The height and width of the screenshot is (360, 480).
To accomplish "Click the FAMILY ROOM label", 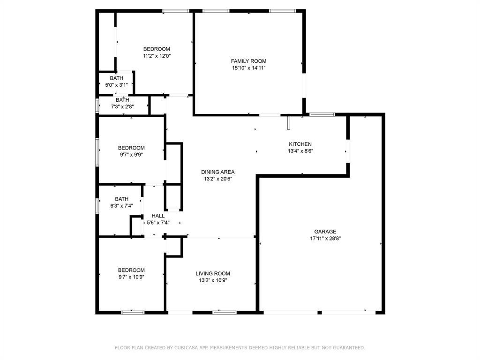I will (x=248, y=61).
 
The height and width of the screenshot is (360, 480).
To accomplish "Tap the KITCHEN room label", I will (x=300, y=144).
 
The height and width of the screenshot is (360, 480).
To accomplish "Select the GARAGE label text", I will (x=325, y=232).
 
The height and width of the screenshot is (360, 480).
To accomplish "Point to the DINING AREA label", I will (x=217, y=172).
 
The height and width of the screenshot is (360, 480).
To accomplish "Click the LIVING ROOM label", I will (x=213, y=273).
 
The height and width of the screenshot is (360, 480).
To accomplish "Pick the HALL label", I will (x=158, y=216).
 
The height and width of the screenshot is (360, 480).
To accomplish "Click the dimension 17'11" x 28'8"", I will (x=325, y=239).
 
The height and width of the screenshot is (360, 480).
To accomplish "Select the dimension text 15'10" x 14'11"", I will (x=248, y=68).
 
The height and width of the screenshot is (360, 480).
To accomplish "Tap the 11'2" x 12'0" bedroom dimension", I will (x=157, y=56).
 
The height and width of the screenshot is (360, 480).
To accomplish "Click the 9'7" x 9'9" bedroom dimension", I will (x=131, y=155).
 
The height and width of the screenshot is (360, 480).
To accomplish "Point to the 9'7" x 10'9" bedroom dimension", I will (x=131, y=277).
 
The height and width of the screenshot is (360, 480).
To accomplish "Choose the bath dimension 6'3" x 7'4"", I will (x=121, y=206).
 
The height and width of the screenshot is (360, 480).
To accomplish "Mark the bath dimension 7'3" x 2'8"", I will (x=122, y=106).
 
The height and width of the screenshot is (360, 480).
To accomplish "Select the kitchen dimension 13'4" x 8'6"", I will (x=300, y=151).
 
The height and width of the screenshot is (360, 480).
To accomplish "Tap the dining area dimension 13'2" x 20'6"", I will (x=217, y=179).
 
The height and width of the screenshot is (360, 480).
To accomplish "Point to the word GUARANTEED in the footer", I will (x=346, y=348).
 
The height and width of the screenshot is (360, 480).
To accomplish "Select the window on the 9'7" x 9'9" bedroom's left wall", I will (x=97, y=151).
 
